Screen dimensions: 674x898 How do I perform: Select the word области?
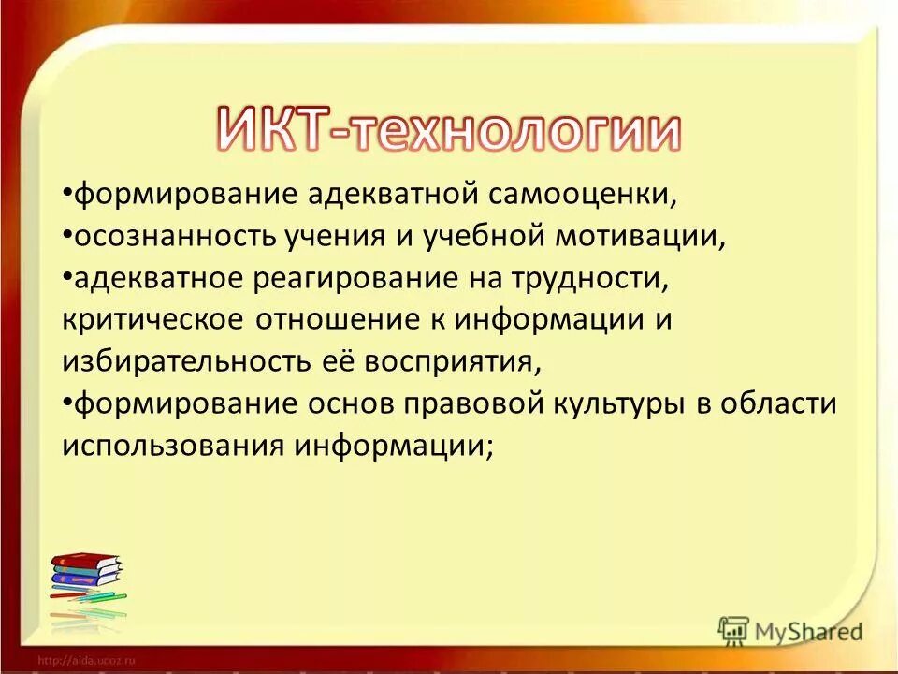(785, 403)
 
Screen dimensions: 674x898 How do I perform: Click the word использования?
(172, 445)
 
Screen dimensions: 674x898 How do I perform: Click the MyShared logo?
(789, 631)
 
